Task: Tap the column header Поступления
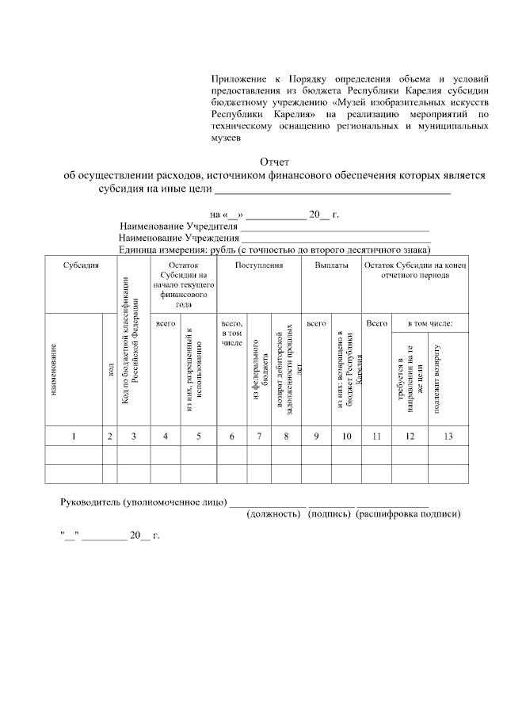(x=259, y=265)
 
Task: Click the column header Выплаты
(x=331, y=265)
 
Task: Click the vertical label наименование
(x=54, y=369)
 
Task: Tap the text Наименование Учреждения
(x=178, y=238)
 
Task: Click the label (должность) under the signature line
(x=276, y=514)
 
